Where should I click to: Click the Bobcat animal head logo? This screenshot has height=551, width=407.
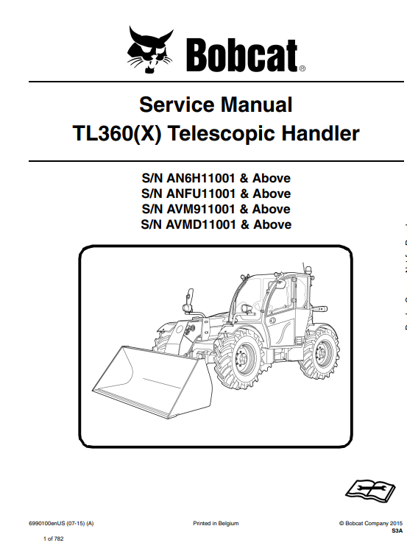150,49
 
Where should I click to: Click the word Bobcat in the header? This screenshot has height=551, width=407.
241,54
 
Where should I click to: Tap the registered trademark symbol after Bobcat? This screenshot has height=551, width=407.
302,68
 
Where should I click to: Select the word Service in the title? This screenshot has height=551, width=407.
177,104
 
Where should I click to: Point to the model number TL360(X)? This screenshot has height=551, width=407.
117,134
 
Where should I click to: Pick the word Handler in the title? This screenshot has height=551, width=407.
321,134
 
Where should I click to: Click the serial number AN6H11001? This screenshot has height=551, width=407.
200,178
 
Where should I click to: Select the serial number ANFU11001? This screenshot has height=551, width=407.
201,193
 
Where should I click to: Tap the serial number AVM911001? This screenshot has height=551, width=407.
200,209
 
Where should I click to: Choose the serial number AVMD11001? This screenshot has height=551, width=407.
201,224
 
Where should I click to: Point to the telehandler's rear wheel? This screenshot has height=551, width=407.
319,352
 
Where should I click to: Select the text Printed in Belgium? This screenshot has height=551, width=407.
216,523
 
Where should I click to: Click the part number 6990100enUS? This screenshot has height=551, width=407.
47,523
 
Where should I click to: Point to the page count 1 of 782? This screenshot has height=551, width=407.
54,538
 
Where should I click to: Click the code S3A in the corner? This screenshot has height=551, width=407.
397,531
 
